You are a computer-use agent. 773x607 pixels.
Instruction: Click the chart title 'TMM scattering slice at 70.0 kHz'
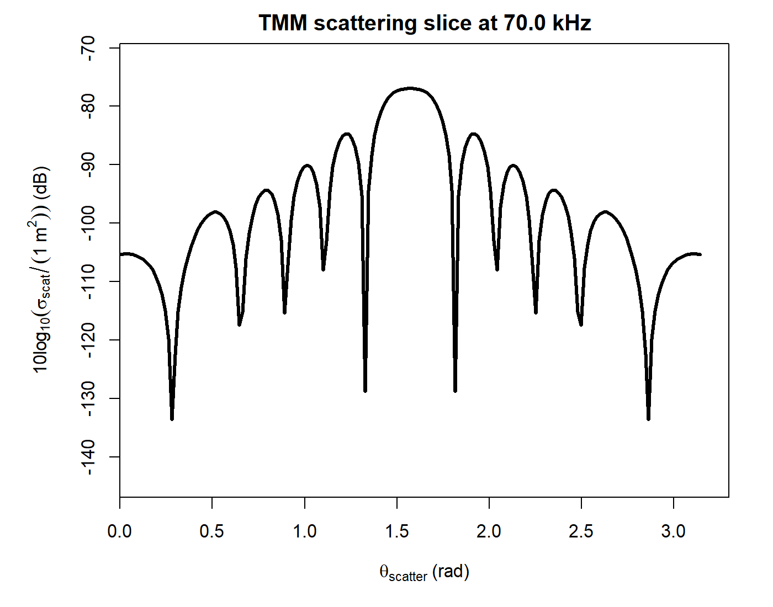click(x=425, y=23)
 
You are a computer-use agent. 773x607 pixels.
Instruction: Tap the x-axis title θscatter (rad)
click(x=424, y=572)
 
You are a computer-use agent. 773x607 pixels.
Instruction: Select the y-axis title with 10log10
click(x=42, y=269)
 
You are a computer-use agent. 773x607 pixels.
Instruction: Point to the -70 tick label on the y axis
click(x=88, y=48)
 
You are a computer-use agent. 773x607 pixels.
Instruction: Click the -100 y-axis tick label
click(x=88, y=223)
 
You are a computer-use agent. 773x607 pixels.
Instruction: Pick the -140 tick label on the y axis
click(x=88, y=457)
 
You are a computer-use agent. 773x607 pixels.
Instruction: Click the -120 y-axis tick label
click(x=88, y=340)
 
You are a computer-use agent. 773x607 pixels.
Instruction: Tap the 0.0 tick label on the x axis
click(x=120, y=531)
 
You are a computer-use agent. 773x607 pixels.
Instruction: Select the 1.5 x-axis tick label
click(x=396, y=531)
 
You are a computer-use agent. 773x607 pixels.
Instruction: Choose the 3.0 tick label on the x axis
click(x=673, y=531)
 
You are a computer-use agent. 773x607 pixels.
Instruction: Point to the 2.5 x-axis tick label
click(x=581, y=531)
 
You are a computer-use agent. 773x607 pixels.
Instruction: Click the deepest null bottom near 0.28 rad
click(x=172, y=419)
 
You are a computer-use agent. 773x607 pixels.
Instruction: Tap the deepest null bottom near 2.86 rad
click(x=648, y=419)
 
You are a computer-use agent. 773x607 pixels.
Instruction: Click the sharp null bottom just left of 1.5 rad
click(x=365, y=390)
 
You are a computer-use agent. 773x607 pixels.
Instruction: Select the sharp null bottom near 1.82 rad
click(x=455, y=390)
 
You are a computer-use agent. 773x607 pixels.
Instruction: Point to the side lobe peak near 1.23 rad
click(x=347, y=134)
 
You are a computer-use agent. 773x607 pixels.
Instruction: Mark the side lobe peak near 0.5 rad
click(x=215, y=211)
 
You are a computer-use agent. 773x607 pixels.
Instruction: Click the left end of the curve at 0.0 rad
click(x=121, y=254)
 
